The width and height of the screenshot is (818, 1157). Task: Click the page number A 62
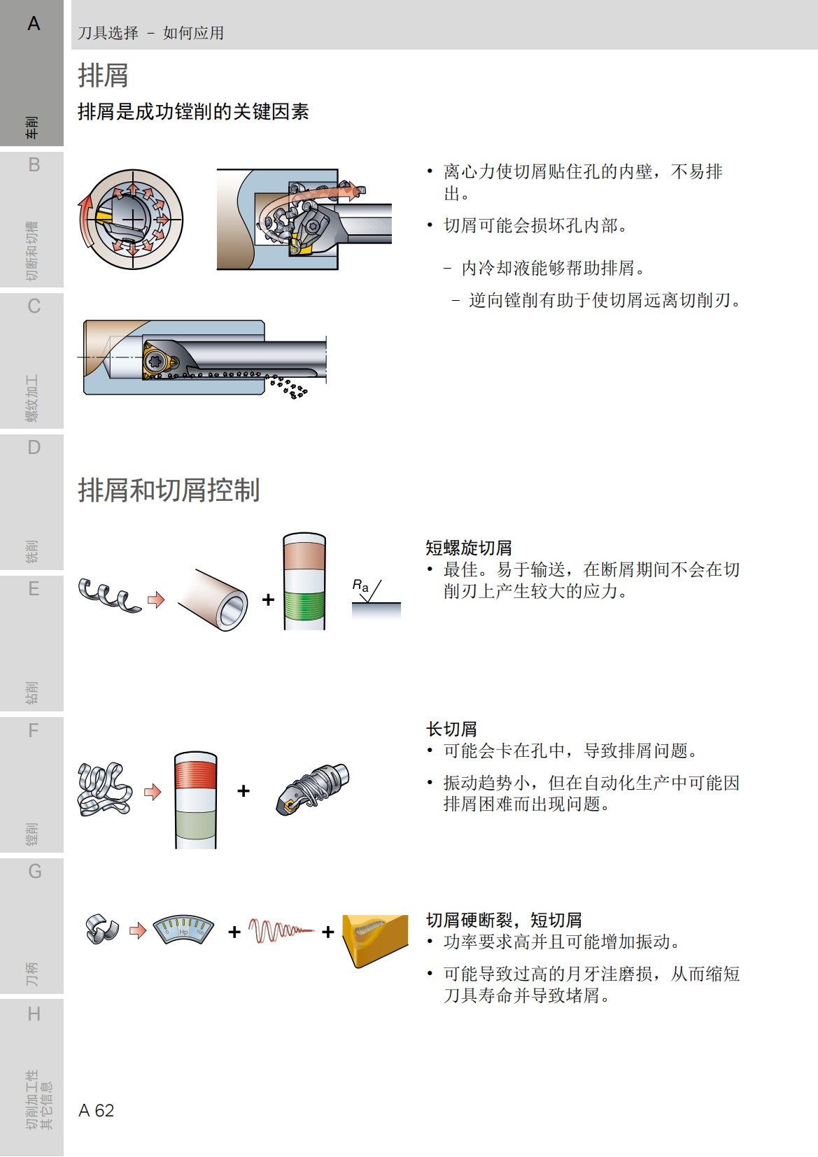click(x=97, y=1110)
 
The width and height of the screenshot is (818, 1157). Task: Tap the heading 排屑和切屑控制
click(x=169, y=490)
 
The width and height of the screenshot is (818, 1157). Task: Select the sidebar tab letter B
click(x=34, y=166)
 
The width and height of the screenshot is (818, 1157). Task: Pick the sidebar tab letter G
click(x=34, y=872)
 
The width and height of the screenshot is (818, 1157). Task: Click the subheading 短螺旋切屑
click(x=469, y=548)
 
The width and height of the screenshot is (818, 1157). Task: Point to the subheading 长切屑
click(x=451, y=729)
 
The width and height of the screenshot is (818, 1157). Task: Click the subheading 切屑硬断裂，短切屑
click(x=504, y=920)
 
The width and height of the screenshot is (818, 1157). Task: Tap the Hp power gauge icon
click(x=183, y=930)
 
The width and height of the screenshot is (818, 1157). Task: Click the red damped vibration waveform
click(x=280, y=931)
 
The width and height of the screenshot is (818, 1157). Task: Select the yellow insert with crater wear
click(x=374, y=939)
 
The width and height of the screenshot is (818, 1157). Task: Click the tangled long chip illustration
click(x=104, y=790)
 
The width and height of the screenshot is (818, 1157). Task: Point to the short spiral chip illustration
click(x=108, y=595)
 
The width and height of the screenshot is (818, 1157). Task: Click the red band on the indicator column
click(x=196, y=774)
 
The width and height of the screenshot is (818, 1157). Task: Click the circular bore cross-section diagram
click(x=130, y=220)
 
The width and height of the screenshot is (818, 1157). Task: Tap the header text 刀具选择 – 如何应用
click(x=150, y=33)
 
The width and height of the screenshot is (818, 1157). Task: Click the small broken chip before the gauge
click(x=102, y=930)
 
